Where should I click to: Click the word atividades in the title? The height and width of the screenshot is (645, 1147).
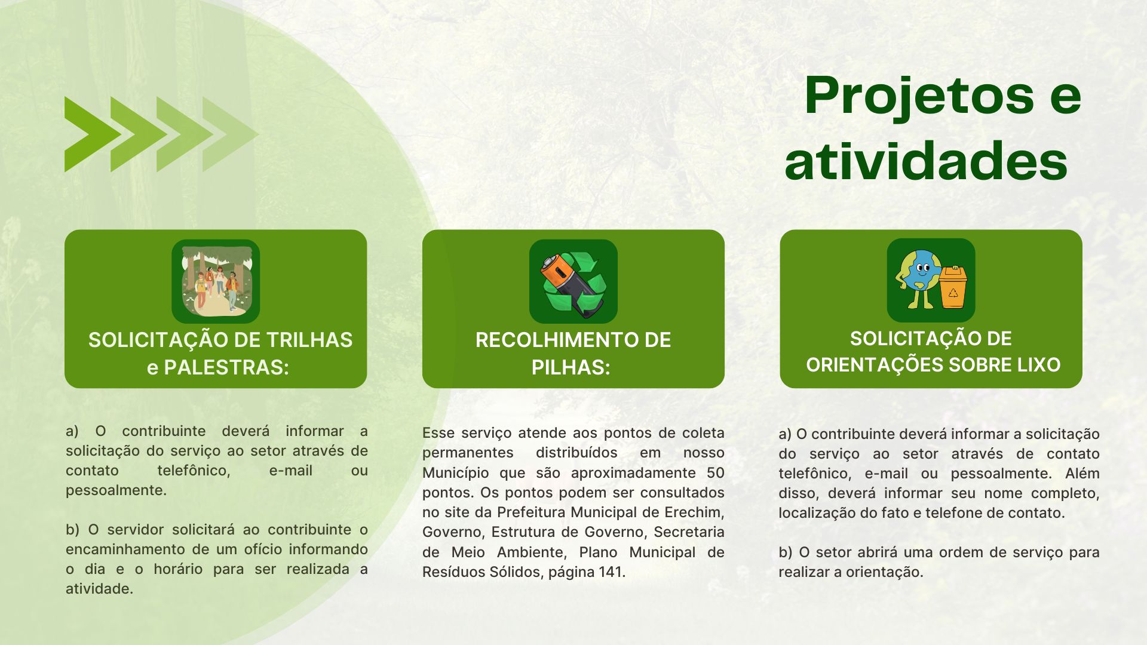(926, 161)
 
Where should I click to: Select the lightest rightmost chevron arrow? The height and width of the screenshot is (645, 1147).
(230, 134)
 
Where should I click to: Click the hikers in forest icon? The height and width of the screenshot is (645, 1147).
(216, 281)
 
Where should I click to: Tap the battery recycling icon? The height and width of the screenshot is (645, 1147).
(573, 281)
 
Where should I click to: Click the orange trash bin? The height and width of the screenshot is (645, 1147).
(953, 287)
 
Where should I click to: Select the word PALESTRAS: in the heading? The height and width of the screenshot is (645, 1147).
(226, 367)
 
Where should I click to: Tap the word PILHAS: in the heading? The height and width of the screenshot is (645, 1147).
(571, 367)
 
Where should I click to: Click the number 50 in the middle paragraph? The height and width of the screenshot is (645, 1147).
(716, 473)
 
